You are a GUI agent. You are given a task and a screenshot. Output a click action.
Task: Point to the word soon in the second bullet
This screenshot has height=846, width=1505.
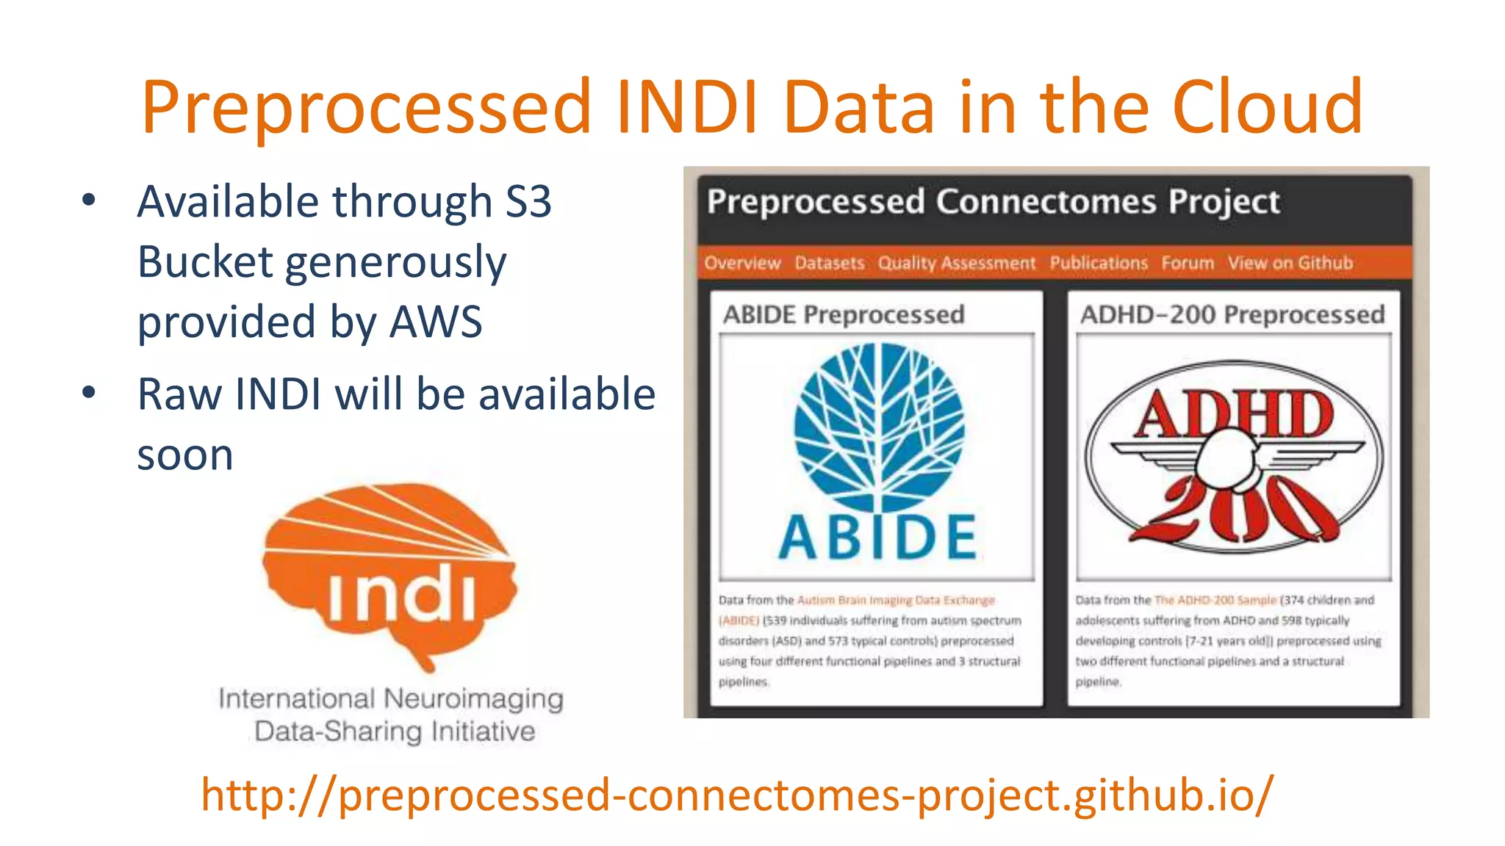pyautogui.click(x=185, y=455)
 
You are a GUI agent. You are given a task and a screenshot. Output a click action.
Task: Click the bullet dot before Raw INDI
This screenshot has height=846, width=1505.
pyautogui.click(x=89, y=392)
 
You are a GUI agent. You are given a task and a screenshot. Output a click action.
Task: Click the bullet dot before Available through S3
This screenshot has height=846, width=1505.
pyautogui.click(x=89, y=200)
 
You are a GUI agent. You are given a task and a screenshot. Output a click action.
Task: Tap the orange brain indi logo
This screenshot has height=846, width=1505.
pyautogui.click(x=389, y=573)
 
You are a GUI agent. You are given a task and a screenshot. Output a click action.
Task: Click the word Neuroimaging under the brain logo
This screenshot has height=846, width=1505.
pyautogui.click(x=473, y=698)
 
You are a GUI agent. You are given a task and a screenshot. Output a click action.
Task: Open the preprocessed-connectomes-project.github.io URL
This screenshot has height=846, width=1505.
pyautogui.click(x=737, y=795)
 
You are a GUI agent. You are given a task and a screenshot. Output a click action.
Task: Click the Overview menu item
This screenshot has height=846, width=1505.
pyautogui.click(x=742, y=263)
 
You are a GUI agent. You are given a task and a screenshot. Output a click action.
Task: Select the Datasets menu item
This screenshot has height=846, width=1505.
pyautogui.click(x=830, y=263)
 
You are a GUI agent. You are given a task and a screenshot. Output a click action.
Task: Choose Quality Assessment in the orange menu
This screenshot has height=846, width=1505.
pyautogui.click(x=956, y=263)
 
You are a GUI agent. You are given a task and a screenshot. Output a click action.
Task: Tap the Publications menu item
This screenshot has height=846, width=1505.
pyautogui.click(x=1098, y=263)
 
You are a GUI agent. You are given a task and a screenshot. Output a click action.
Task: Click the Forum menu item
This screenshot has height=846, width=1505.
pyautogui.click(x=1188, y=263)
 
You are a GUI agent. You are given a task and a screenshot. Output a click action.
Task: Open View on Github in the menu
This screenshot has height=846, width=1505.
pyautogui.click(x=1290, y=263)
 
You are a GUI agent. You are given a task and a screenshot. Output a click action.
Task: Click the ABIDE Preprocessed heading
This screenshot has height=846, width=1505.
pyautogui.click(x=844, y=314)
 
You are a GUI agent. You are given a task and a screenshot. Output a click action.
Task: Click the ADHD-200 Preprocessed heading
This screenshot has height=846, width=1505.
pyautogui.click(x=1232, y=314)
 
